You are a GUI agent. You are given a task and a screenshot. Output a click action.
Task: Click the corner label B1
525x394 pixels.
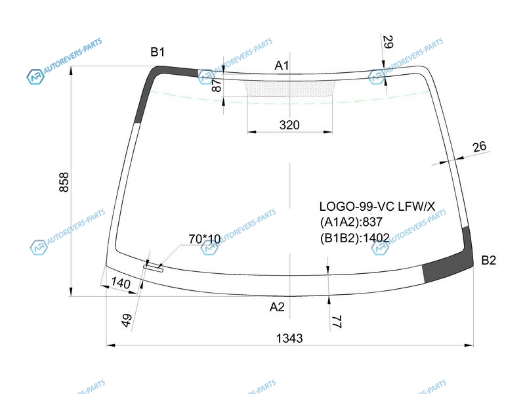click(x=157, y=52)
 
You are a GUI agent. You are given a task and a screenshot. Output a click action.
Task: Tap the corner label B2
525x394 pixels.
click(x=488, y=260)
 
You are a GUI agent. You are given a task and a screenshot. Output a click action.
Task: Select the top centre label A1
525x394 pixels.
click(x=282, y=66)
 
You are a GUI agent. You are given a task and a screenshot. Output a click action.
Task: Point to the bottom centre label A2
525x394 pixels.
click(x=277, y=307)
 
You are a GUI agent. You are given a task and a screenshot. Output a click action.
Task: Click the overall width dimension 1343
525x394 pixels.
click(x=289, y=338)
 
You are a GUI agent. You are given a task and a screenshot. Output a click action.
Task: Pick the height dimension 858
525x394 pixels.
click(x=64, y=183)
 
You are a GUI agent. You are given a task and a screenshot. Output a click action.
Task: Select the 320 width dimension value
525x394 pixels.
click(x=289, y=125)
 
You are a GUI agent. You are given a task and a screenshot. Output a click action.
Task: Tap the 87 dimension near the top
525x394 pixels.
click(x=217, y=85)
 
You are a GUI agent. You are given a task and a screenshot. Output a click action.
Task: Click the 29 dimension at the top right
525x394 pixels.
click(x=387, y=42)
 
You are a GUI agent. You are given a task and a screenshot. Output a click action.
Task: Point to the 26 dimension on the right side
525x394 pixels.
click(x=479, y=146)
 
